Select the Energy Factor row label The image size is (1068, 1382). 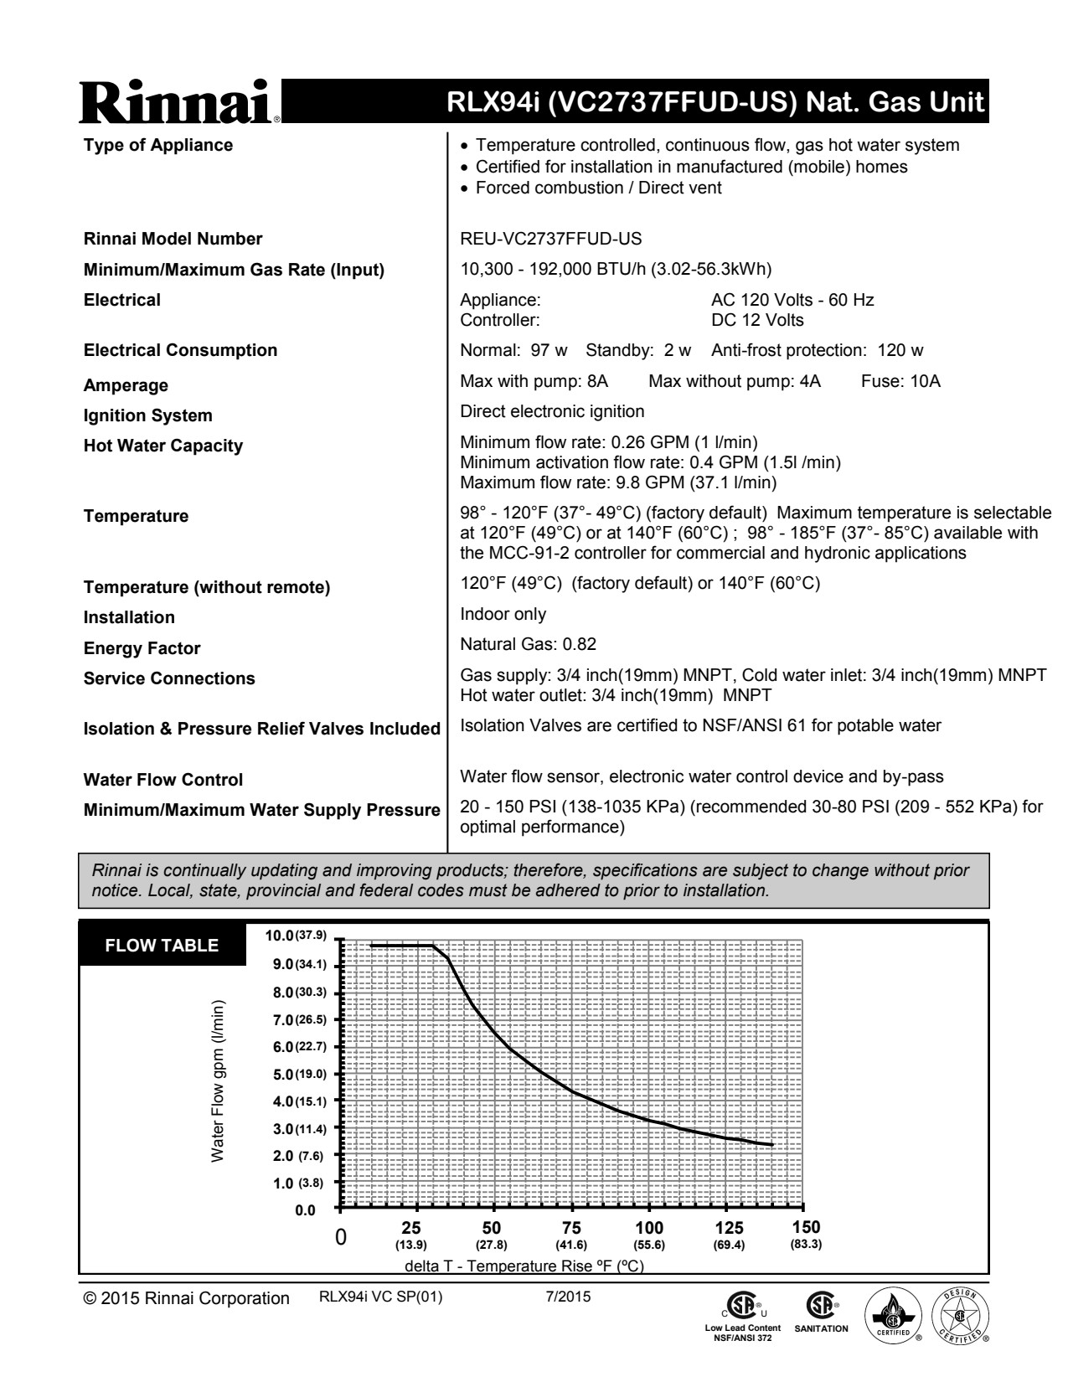click(x=142, y=648)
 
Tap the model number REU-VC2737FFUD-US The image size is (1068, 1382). click(x=551, y=240)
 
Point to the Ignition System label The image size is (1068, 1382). click(x=147, y=415)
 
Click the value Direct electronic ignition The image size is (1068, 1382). click(x=552, y=411)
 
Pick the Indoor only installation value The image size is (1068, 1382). click(x=503, y=615)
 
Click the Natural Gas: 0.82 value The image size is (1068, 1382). click(x=528, y=644)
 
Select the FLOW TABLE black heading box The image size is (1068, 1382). click(x=162, y=946)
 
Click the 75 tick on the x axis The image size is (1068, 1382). click(x=571, y=1229)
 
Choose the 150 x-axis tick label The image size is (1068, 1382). click(x=806, y=1228)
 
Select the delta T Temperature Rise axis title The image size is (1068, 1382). click(x=524, y=1266)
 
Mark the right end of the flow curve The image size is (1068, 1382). click(x=771, y=1145)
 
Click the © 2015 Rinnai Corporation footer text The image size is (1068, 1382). click(x=186, y=1298)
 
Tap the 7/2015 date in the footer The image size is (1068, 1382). click(x=567, y=1297)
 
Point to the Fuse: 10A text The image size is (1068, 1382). click(x=900, y=382)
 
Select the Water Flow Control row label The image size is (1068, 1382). click(x=163, y=780)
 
